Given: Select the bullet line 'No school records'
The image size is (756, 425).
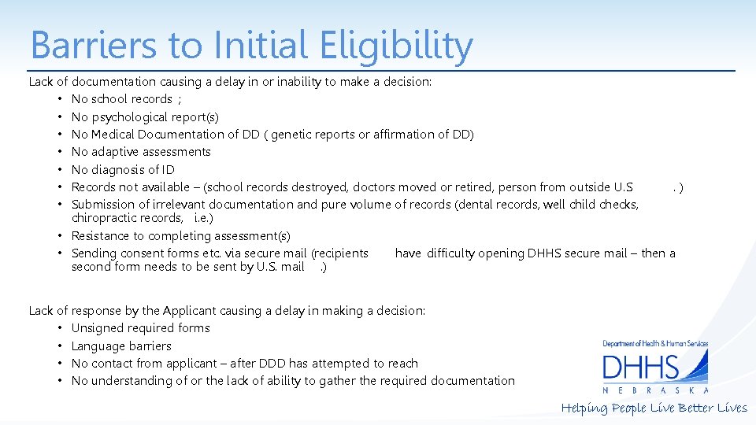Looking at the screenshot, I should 122,99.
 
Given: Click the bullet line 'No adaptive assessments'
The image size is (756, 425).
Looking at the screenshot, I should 141,152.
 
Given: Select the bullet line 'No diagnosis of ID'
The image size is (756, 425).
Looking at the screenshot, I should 123,170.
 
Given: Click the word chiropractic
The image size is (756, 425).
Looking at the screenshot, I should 103,218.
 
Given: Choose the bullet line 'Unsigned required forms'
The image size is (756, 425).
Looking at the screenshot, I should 140,328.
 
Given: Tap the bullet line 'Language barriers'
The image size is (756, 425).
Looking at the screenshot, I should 120,346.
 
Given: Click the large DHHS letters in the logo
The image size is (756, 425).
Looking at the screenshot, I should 640,368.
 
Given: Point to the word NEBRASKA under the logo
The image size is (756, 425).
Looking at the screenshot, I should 655,390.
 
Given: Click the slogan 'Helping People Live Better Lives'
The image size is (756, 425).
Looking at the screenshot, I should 654,408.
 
